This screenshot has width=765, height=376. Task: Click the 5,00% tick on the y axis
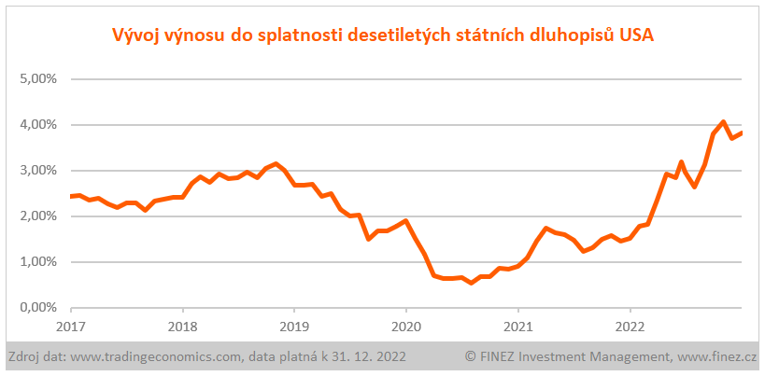pyautogui.click(x=38, y=78)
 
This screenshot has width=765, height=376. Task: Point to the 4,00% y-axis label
pyautogui.click(x=38, y=124)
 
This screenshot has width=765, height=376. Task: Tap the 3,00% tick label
pyautogui.click(x=38, y=170)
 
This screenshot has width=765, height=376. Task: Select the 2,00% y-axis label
pyautogui.click(x=38, y=216)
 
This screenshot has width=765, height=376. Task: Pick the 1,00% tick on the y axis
pyautogui.click(x=38, y=261)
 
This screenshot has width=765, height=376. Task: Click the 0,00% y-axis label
pyautogui.click(x=38, y=307)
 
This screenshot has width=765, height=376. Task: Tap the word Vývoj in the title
pyautogui.click(x=135, y=36)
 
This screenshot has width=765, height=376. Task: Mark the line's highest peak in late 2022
pyautogui.click(x=723, y=121)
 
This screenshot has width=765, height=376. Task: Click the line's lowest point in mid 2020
pyautogui.click(x=472, y=283)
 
